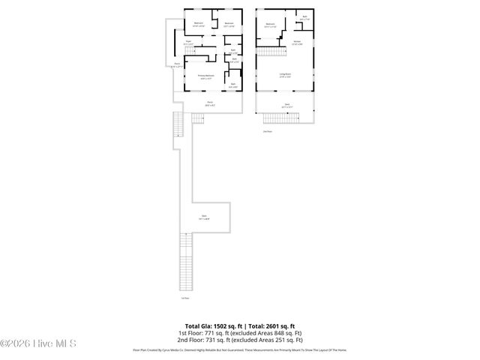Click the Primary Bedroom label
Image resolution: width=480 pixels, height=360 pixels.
pos(206,76)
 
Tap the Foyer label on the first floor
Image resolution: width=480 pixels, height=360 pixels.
pos(189,43)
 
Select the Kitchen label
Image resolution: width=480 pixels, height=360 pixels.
pos(297,42)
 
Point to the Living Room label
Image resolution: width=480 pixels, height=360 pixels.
pos(286,74)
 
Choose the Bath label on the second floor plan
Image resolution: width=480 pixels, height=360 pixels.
pos(304,16)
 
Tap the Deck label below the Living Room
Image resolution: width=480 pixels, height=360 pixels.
pos(286,104)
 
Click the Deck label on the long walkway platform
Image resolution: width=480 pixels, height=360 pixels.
pos(203,217)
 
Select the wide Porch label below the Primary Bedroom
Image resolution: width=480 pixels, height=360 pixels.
pos(210,103)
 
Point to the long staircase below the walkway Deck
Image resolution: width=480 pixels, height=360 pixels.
pos(184,262)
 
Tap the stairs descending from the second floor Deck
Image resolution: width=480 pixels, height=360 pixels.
pos(286,118)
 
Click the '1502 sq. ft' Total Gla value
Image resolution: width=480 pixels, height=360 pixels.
pos(226,326)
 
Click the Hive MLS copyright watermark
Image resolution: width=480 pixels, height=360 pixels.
pos(39,344)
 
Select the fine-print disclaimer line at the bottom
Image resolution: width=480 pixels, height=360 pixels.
pos(240,350)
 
